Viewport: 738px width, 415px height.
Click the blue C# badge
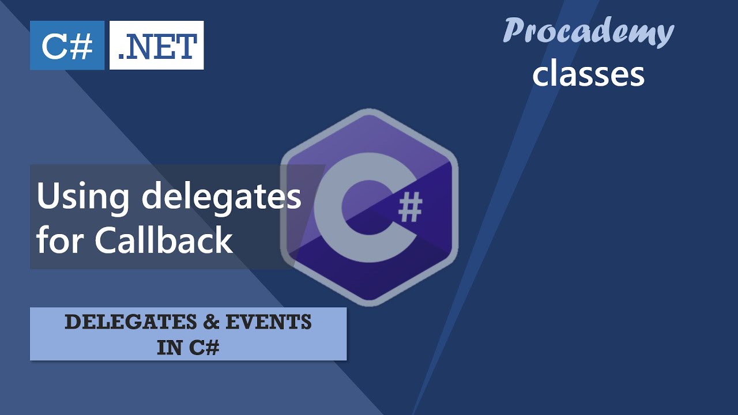click(x=67, y=46)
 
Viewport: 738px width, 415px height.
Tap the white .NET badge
click(x=156, y=46)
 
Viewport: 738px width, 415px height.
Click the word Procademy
click(x=588, y=31)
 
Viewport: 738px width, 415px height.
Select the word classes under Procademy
click(x=588, y=74)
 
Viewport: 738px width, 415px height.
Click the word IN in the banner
click(x=169, y=348)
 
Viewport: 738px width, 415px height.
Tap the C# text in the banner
click(x=204, y=348)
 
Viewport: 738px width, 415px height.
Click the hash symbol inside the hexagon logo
click(x=410, y=209)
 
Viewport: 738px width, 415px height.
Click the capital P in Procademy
click(x=513, y=30)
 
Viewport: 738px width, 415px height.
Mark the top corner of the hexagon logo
click(x=369, y=110)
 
